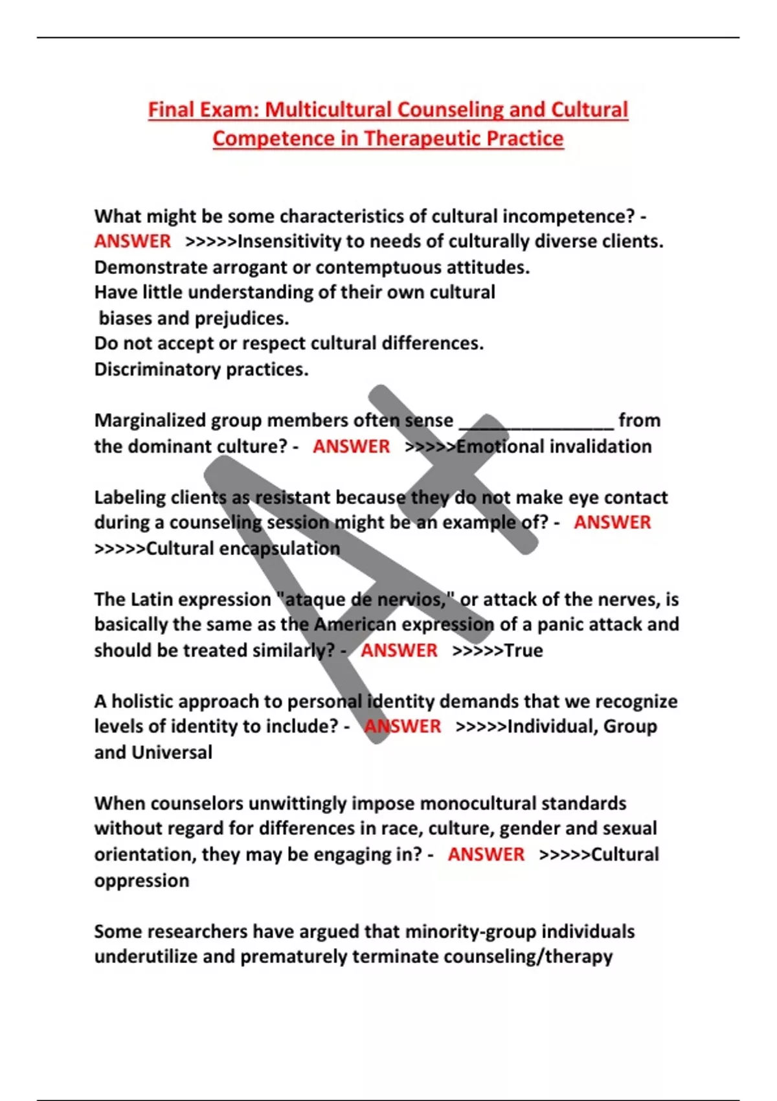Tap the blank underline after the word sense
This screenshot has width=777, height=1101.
536,424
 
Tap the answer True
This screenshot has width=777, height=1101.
523,650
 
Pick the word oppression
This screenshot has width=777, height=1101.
142,880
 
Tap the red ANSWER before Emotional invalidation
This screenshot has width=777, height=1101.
352,446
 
